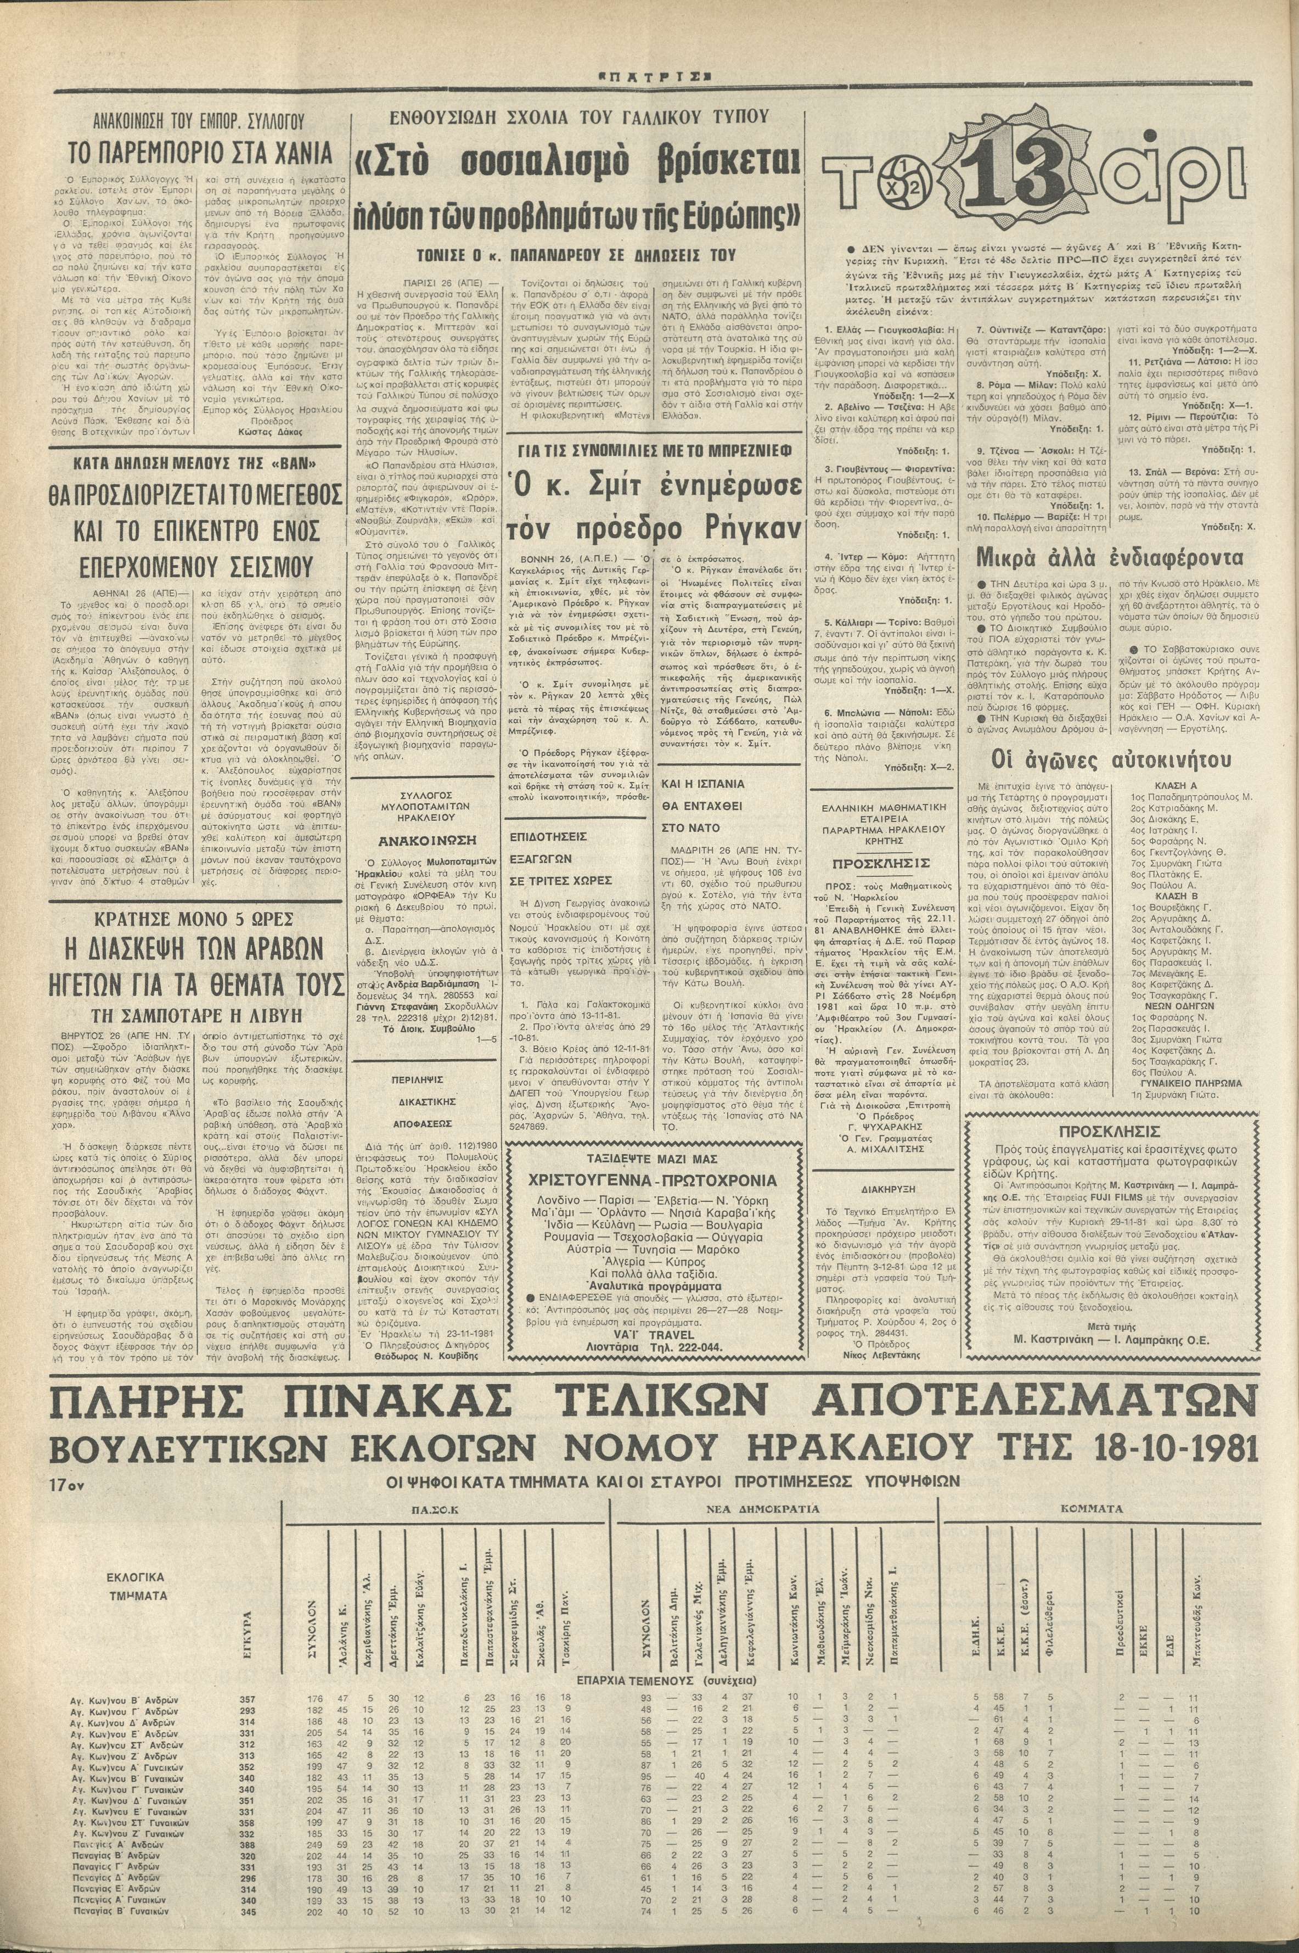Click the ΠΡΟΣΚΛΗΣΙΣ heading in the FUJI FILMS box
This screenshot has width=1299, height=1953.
pyautogui.click(x=1109, y=1131)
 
